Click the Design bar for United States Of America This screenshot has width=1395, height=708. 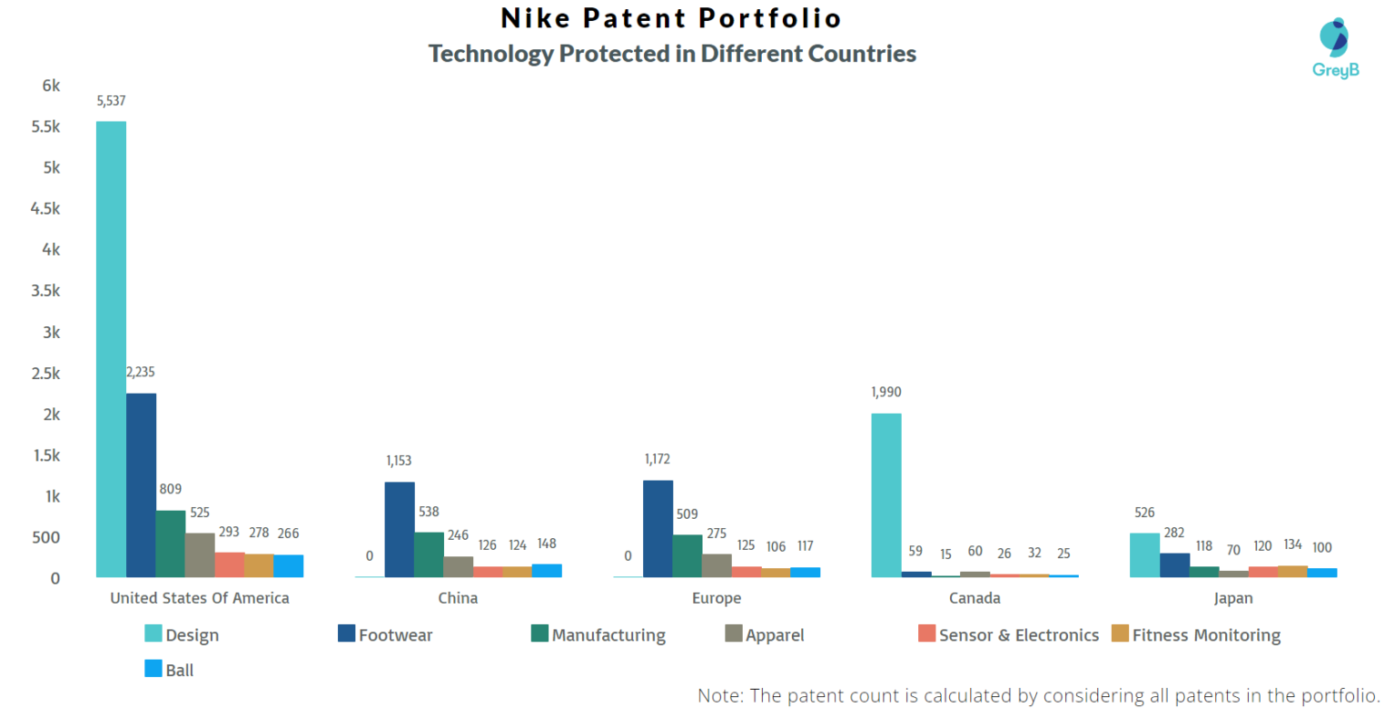pos(111,349)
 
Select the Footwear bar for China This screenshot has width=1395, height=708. pos(400,529)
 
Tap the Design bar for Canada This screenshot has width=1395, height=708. pos(886,495)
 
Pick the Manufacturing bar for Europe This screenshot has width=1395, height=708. pos(688,555)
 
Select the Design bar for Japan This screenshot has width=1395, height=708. pos(1144,554)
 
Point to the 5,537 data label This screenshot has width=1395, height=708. pos(111,101)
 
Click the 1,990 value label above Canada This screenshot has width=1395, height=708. pos(886,393)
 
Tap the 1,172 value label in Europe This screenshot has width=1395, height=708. pos(658,460)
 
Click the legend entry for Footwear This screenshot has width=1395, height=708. pos(385,635)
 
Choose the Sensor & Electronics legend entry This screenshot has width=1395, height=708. pos(1008,635)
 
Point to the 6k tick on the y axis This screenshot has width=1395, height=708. pos(51,85)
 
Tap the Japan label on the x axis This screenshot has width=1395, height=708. pos(1232,598)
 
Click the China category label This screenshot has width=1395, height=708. pos(458,598)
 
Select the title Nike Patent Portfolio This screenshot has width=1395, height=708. pos(671,18)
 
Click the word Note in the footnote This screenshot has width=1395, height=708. pos(718,695)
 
